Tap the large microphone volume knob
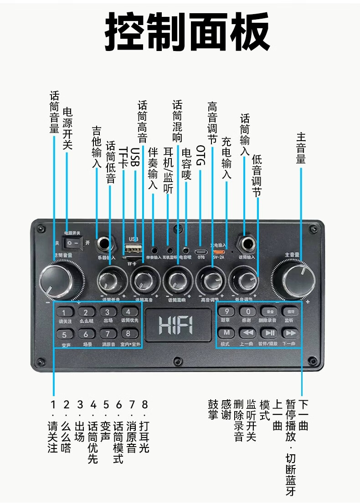click(61, 280)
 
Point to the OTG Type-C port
click(201, 251)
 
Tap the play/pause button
click(270, 333)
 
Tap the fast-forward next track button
click(290, 333)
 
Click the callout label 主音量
click(301, 148)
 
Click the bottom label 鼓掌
click(213, 409)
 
